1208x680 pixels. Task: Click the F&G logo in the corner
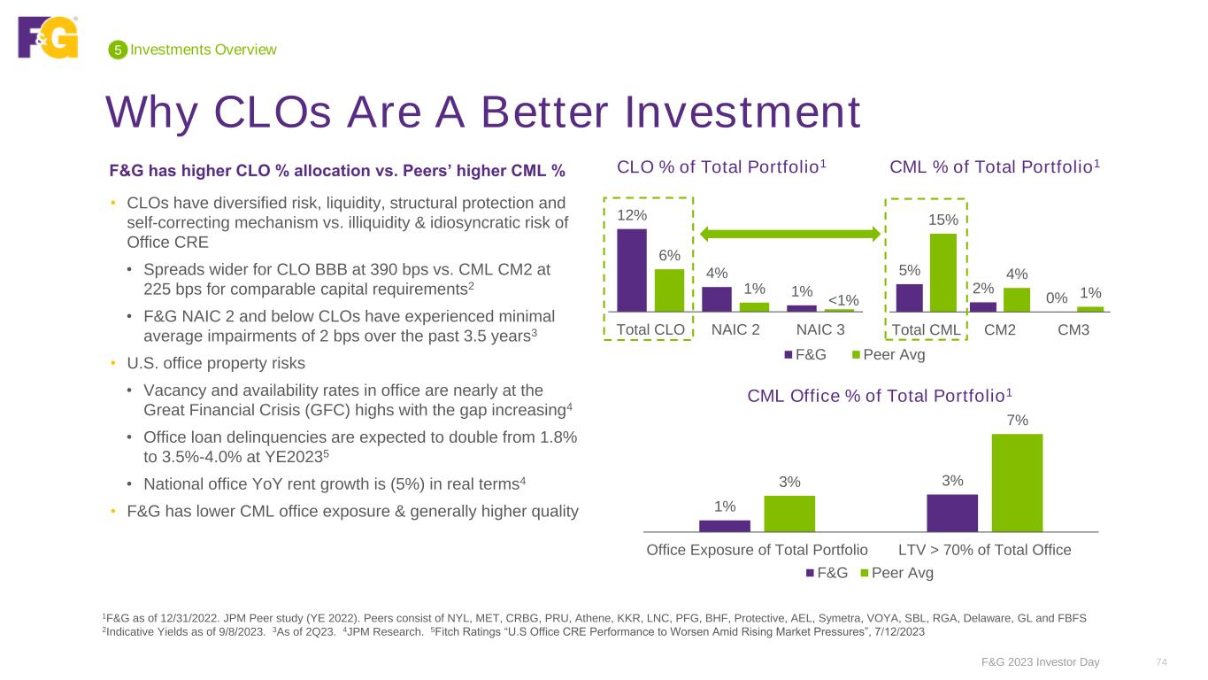point(47,37)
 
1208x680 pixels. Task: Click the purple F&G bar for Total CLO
point(631,270)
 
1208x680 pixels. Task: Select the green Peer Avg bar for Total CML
point(943,273)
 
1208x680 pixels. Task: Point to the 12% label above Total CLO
point(631,215)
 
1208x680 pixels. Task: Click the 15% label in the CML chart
point(944,219)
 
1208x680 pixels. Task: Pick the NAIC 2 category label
point(735,329)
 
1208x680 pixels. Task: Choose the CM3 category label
point(1073,329)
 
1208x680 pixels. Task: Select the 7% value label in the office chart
point(1017,420)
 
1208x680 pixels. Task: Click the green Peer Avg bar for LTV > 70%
point(1017,482)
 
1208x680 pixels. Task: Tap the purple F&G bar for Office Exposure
point(725,525)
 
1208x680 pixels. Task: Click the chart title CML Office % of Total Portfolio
point(892,394)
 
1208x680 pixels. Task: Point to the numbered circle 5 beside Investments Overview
point(117,50)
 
